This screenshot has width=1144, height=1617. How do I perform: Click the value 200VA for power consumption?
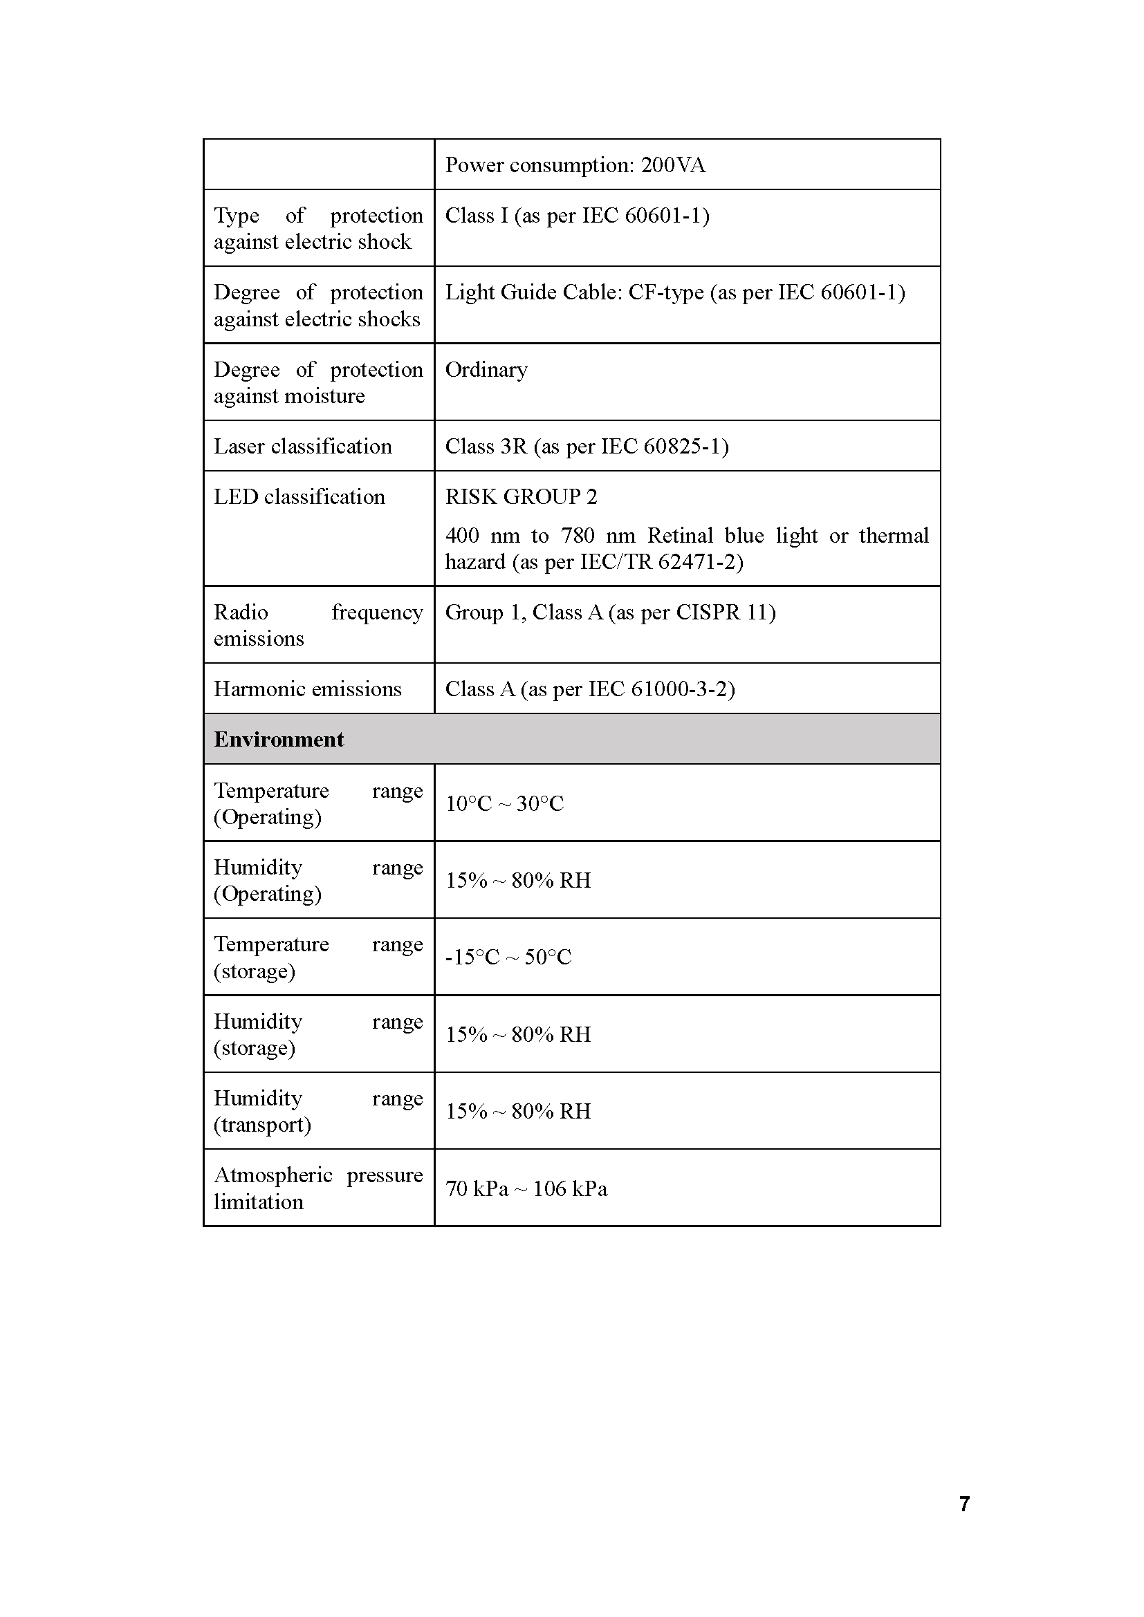coord(673,165)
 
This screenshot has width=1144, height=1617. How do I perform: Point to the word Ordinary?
coord(486,370)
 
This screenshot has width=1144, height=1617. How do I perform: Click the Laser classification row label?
coord(303,447)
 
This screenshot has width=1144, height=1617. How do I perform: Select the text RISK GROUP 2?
coord(522,497)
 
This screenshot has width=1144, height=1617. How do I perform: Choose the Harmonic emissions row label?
coord(308,689)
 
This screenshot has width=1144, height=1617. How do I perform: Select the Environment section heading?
coord(279,740)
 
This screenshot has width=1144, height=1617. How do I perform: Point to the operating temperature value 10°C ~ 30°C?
coord(505,803)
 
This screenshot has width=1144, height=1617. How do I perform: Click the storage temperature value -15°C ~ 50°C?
coord(508,957)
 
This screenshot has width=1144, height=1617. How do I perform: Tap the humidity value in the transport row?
coord(519,1112)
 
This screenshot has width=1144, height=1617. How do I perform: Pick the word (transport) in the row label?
coord(262,1125)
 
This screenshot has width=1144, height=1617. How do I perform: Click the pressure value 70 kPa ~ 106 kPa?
coord(526,1189)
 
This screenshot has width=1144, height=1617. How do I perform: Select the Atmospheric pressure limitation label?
coord(318,1189)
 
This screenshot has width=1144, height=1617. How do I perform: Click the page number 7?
coord(965,1504)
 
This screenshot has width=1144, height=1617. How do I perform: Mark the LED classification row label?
coord(299,497)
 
